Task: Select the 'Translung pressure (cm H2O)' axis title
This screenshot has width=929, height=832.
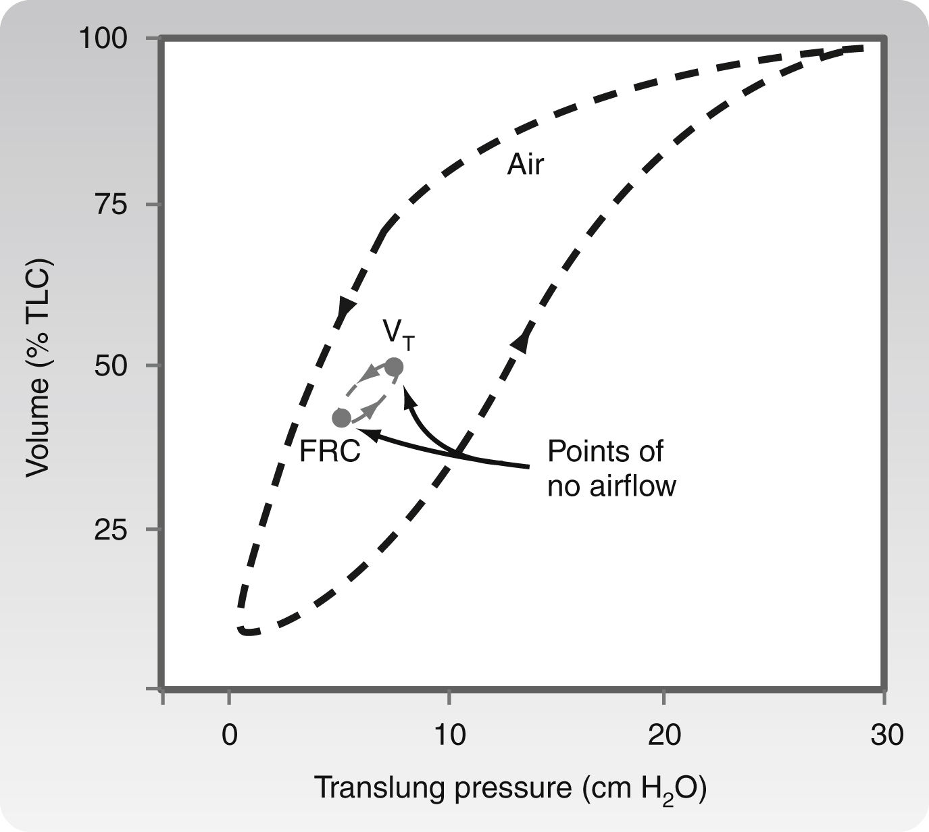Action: point(511,788)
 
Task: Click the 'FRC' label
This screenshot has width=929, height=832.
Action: point(330,452)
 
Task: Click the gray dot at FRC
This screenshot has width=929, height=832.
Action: point(342,419)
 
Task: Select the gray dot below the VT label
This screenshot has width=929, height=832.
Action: point(394,367)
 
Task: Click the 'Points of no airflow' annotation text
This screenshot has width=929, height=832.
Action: point(610,468)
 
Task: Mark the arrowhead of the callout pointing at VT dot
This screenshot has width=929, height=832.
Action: point(406,392)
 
